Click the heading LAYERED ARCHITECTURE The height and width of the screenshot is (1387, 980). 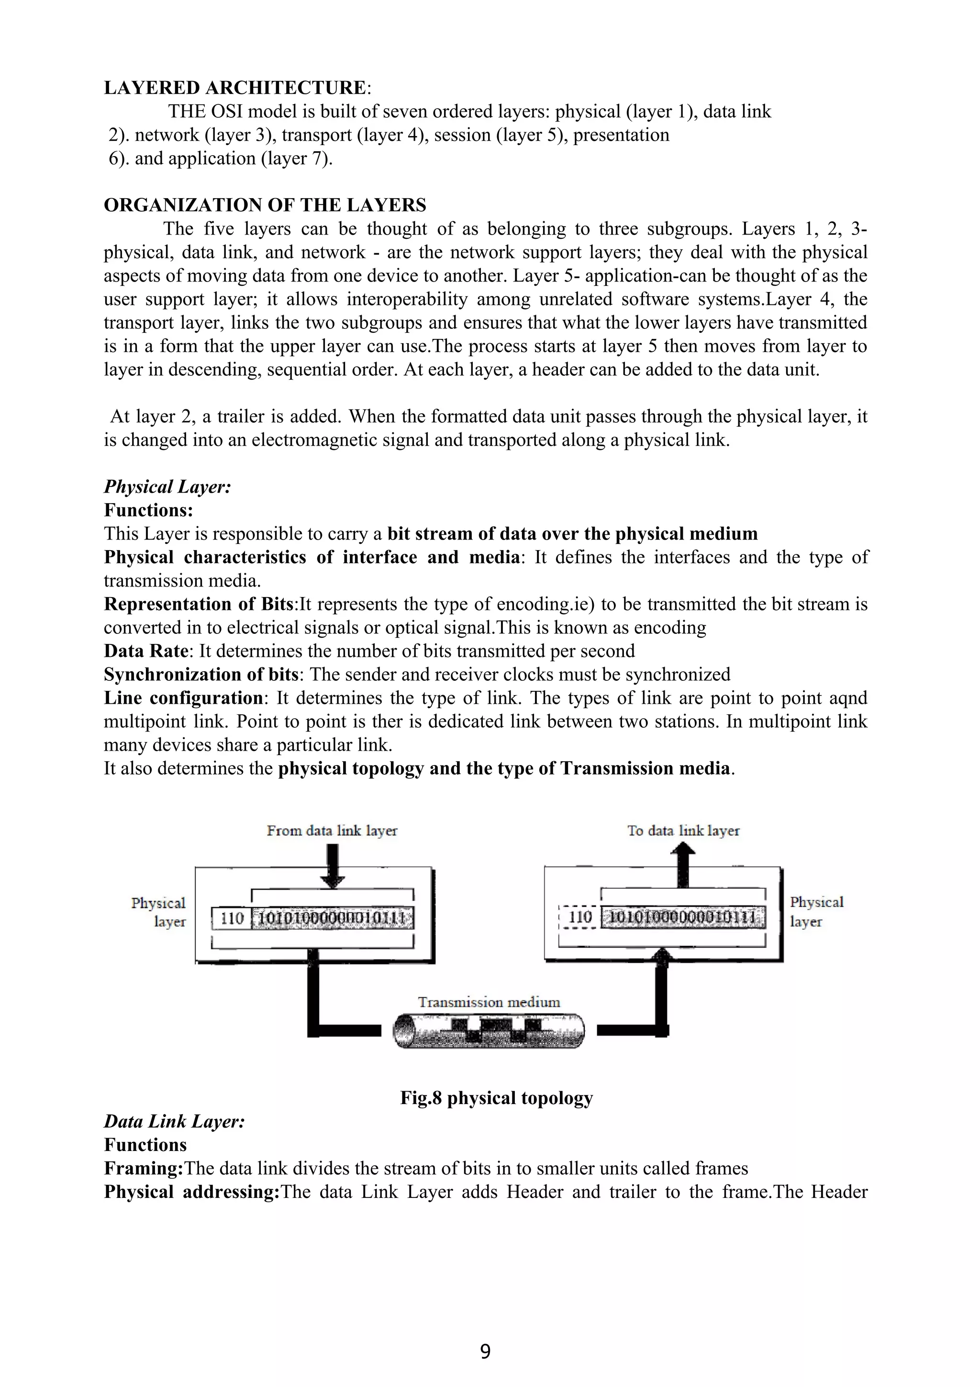click(x=235, y=88)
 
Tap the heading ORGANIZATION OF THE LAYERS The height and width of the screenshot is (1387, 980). click(x=265, y=205)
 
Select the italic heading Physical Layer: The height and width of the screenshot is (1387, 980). click(x=167, y=487)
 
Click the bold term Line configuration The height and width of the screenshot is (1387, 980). click(x=183, y=699)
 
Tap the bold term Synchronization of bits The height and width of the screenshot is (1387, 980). click(x=200, y=675)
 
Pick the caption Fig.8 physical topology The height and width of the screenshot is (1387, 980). click(x=496, y=1098)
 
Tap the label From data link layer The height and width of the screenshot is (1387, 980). click(x=332, y=831)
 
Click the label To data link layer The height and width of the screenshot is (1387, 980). click(x=683, y=831)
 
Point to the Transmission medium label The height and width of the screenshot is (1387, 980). click(x=489, y=1002)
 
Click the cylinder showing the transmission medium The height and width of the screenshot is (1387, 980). click(x=489, y=1030)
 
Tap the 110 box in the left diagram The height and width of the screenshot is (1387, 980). click(x=232, y=919)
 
